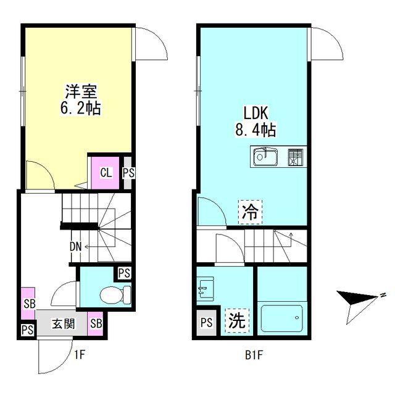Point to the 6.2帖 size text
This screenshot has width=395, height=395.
pyautogui.click(x=79, y=110)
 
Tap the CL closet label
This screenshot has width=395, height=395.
pyautogui.click(x=106, y=172)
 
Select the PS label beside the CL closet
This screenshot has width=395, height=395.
pyautogui.click(x=128, y=173)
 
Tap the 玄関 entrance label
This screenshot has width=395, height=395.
pyautogui.click(x=62, y=323)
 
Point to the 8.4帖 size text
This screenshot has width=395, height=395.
pyautogui.click(x=254, y=130)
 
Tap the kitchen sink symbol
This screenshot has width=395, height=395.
pyautogui.click(x=267, y=157)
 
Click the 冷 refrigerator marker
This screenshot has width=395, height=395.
pyautogui.click(x=250, y=214)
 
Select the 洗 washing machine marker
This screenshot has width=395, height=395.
pyautogui.click(x=236, y=320)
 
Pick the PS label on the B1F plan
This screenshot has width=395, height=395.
pyautogui.click(x=206, y=322)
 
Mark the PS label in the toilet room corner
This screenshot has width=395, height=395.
pyautogui.click(x=123, y=273)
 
